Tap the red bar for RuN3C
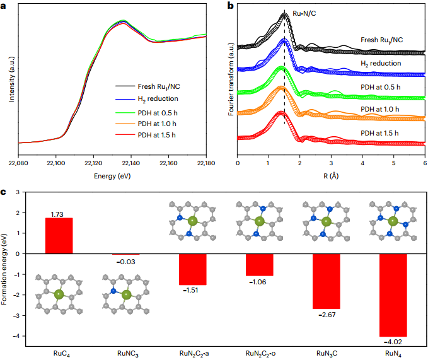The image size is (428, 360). click(x=327, y=281)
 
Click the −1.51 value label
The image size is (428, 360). click(x=191, y=291)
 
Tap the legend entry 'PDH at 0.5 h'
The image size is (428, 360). click(x=153, y=112)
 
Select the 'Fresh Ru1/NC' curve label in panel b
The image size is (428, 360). click(x=382, y=40)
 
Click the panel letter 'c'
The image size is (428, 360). click(x=4, y=190)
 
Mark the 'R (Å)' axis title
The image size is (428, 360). click(x=331, y=176)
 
